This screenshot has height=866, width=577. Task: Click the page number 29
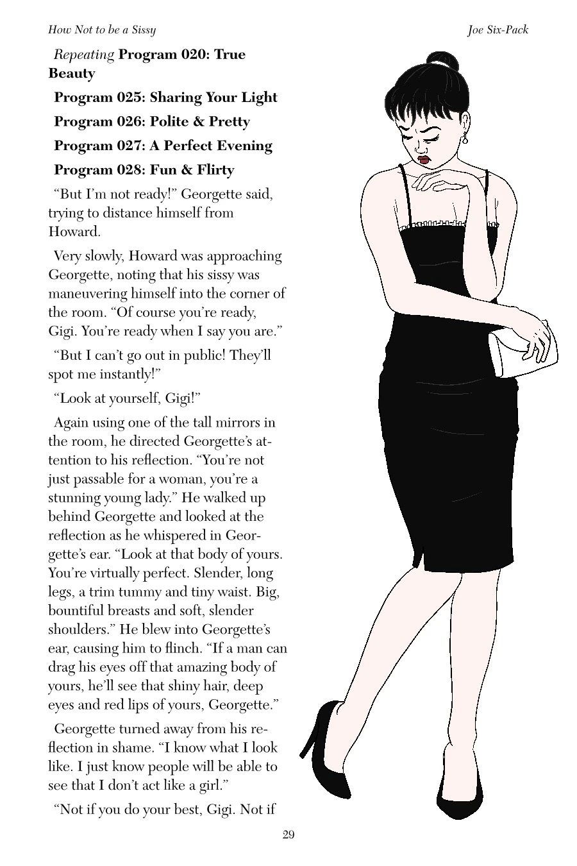point(288,835)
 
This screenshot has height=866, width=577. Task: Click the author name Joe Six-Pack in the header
point(498,30)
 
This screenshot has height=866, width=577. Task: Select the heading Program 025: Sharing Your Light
point(165,98)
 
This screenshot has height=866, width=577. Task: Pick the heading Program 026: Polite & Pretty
point(152,122)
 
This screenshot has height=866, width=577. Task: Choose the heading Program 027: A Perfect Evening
point(163,146)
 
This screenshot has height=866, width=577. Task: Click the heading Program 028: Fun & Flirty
point(144,170)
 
